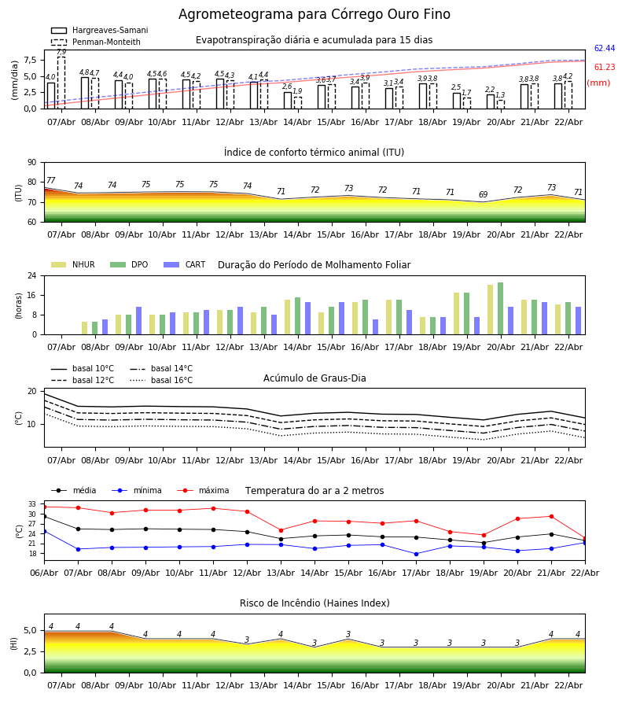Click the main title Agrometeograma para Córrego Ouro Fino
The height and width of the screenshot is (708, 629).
point(314,15)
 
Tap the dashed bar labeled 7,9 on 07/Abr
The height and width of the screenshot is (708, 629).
point(61,83)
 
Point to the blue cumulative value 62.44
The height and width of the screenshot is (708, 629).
point(604,49)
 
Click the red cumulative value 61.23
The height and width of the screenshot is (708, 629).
point(604,68)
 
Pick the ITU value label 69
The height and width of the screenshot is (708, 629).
point(484,195)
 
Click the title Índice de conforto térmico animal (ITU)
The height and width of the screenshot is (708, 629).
point(314,153)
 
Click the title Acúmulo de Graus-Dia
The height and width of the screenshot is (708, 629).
point(314,378)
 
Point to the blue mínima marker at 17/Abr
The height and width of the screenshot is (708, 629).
point(416,554)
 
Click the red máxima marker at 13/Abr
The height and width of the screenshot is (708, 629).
point(281,530)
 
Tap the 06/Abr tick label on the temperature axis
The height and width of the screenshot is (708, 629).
point(44,573)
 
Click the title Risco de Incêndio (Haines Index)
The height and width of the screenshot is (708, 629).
point(314,603)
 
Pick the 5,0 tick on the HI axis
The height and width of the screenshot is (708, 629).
point(30,631)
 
